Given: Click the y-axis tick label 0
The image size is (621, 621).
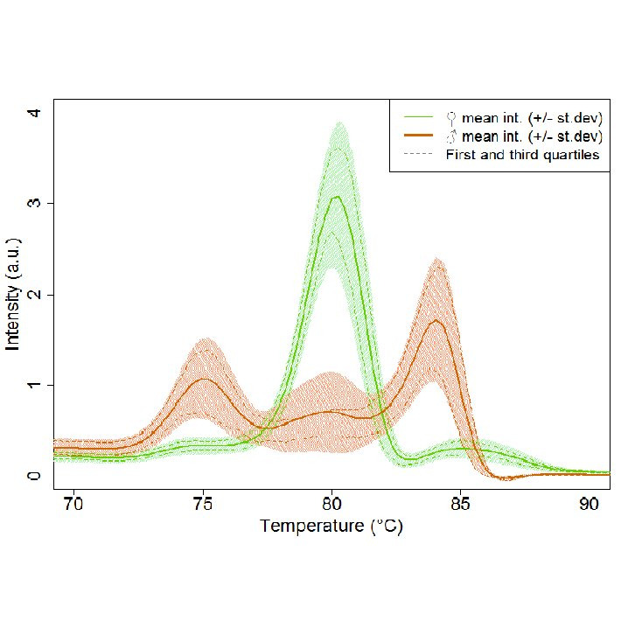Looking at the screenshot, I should (36, 476).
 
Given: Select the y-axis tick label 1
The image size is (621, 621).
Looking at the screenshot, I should (36, 385).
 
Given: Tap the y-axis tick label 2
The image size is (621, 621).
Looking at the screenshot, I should (36, 294).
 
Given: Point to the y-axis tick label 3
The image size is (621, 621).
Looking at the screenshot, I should (36, 203).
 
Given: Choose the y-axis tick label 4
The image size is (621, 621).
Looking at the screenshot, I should (36, 112).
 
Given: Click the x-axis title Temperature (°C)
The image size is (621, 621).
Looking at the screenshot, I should (331, 527).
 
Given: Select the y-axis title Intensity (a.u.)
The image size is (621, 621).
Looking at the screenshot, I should (13, 294).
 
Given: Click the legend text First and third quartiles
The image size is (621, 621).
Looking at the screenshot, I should (522, 155).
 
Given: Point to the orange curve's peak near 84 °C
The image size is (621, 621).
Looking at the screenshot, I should (436, 321).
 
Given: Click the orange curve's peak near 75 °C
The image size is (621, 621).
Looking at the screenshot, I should (205, 379).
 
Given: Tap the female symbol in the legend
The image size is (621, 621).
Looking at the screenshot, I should (451, 116).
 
